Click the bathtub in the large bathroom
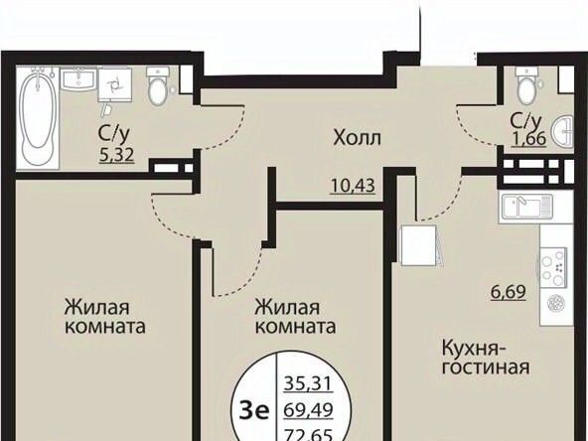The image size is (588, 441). (x=38, y=117)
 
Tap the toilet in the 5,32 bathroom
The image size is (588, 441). (x=158, y=85)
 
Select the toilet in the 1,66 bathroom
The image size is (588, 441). (x=526, y=85)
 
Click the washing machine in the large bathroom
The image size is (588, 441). (x=115, y=84)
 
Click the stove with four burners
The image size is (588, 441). (x=553, y=267)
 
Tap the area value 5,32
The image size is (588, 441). (x=116, y=155)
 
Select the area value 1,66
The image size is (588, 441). (x=528, y=139)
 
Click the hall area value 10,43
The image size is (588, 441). (x=353, y=186)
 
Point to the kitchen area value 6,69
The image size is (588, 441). (x=509, y=292)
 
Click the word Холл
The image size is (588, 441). (x=357, y=138)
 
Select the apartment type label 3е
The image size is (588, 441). (x=255, y=411)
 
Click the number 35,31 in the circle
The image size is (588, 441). (x=308, y=383)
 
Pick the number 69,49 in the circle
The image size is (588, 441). (x=308, y=410)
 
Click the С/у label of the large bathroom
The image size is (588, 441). (x=114, y=134)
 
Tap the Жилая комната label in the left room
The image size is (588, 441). (x=105, y=317)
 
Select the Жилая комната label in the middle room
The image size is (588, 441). (x=295, y=317)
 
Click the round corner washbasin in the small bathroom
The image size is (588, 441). (x=563, y=131)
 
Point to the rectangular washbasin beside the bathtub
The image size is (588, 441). (x=78, y=78)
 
